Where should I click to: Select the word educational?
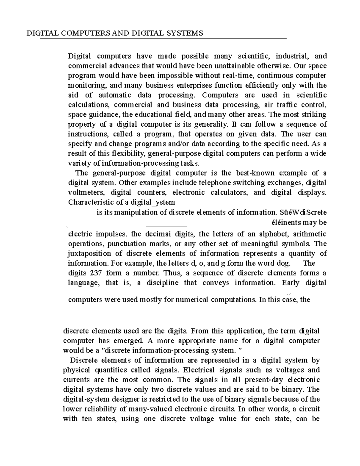click(x=153, y=115)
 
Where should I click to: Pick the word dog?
click(x=284, y=263)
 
